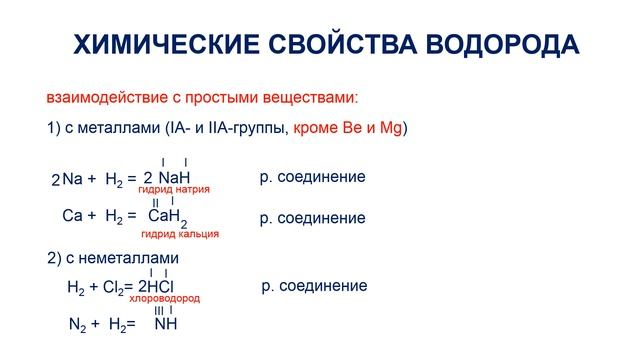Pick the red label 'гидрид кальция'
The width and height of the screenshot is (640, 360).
click(180, 233)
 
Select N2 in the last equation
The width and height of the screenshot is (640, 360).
click(77, 325)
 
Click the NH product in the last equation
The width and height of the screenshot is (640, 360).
click(166, 325)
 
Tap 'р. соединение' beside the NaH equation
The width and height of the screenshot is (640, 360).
click(312, 177)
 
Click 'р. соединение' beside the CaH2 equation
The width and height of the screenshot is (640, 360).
click(312, 217)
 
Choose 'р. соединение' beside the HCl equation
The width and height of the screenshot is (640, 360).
click(313, 286)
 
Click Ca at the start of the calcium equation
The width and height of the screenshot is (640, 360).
click(71, 215)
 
